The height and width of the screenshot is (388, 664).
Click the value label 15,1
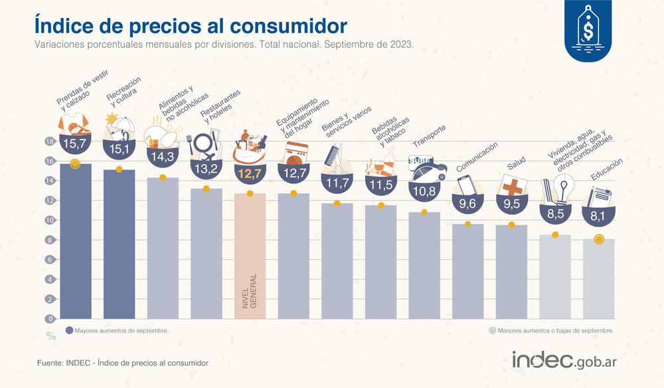point(119,148)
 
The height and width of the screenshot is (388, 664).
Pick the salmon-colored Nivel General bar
point(250,256)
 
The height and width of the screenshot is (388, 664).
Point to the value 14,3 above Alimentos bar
point(162,157)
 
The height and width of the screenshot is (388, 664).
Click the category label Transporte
point(429,137)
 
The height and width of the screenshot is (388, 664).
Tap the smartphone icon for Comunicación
point(467,184)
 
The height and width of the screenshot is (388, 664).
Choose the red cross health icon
point(512,185)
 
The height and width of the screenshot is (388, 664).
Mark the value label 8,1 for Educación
point(599,215)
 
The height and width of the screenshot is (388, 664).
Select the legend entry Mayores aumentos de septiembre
point(117,330)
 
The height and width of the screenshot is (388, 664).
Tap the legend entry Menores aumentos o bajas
point(550,330)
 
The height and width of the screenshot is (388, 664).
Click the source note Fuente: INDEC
point(123,363)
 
